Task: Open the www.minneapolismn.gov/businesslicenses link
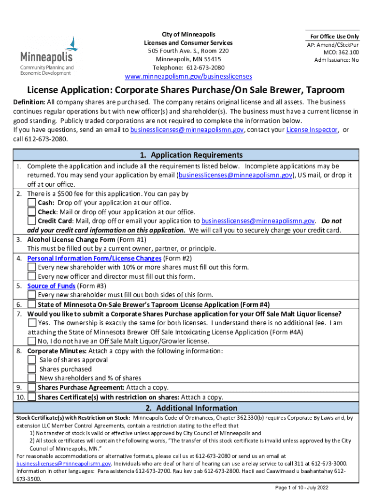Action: tap(188, 77)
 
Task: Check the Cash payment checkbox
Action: tap(32, 203)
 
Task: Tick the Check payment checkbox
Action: tap(32, 212)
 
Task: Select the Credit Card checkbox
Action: tap(32, 221)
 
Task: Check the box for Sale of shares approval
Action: tap(32, 360)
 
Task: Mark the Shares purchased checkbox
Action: tap(32, 369)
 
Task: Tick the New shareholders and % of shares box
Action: tap(32, 378)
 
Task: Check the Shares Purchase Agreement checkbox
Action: tap(32, 387)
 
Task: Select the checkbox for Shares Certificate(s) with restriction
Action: tap(32, 397)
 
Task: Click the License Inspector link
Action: tap(313, 130)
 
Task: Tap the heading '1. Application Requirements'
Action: tap(186, 155)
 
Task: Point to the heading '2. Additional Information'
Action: tap(186, 408)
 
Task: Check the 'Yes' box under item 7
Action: tap(32, 323)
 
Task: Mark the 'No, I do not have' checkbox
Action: tap(32, 341)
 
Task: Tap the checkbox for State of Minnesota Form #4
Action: tap(32, 304)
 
